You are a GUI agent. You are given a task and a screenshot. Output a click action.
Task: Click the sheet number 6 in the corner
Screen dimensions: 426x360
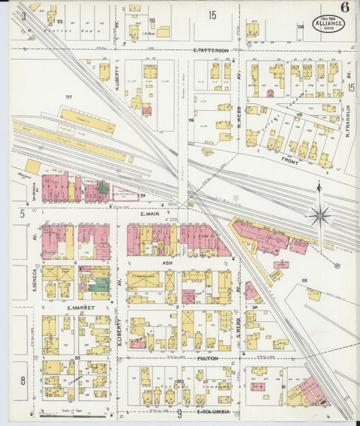(x=345, y=7)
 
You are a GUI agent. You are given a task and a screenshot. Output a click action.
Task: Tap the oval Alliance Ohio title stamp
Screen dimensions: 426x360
(x=329, y=24)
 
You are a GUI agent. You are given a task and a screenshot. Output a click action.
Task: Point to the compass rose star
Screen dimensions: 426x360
(x=319, y=216)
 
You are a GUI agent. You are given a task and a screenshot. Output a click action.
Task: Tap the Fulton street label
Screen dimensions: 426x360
(x=206, y=358)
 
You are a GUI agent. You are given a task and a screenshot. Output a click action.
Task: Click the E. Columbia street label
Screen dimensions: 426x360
(x=214, y=411)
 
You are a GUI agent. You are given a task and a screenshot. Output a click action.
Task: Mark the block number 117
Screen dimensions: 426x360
(x=68, y=98)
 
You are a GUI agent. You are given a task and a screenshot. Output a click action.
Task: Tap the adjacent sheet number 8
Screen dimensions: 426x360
(x=22, y=381)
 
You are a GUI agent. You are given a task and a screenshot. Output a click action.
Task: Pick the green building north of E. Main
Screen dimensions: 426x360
(x=102, y=190)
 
